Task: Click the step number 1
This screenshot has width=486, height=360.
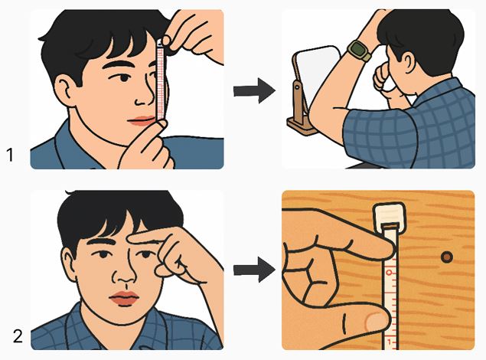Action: click(x=10, y=155)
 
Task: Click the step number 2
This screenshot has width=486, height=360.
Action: click(x=18, y=336)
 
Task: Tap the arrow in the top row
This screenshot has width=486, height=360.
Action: click(x=254, y=90)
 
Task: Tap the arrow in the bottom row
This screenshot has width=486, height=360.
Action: click(x=254, y=270)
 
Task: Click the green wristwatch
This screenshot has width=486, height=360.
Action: click(x=360, y=51)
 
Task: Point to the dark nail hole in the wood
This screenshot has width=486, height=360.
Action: click(x=447, y=257)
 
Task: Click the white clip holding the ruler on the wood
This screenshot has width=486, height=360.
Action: click(x=390, y=217)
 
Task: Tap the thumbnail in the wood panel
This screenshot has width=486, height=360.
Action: click(x=376, y=322)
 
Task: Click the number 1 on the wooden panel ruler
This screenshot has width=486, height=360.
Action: click(x=390, y=342)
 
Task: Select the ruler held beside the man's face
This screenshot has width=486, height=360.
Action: click(x=160, y=81)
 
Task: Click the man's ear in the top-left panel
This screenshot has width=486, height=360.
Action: click(x=66, y=90)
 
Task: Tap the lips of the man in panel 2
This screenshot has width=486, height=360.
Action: click(x=124, y=299)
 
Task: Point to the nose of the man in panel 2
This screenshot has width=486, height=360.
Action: click(x=124, y=273)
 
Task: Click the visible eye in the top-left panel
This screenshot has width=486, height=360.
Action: click(x=124, y=77)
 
